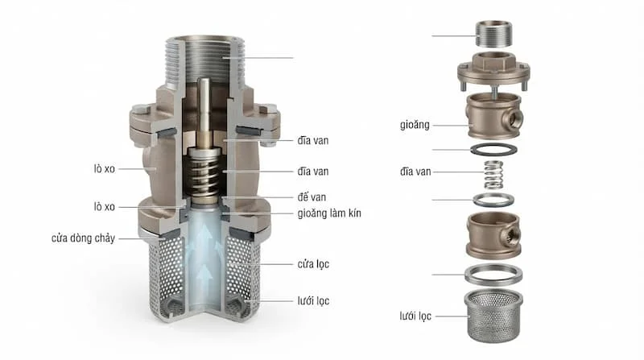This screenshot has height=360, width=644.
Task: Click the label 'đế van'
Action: pos(312,197)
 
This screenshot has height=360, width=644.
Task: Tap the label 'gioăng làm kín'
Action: pos(329,213)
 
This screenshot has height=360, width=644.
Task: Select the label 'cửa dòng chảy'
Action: pos(83,238)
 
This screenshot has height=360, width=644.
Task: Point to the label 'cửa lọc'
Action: pos(313,264)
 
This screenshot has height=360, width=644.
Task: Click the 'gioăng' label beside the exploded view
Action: pos(415,125)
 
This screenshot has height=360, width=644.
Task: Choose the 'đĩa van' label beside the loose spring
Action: pos(415,172)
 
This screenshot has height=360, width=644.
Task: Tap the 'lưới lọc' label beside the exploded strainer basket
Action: pos(415,316)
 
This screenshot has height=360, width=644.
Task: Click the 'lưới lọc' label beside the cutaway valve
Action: pos(313,301)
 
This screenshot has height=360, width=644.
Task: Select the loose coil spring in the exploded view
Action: pos(493,175)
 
